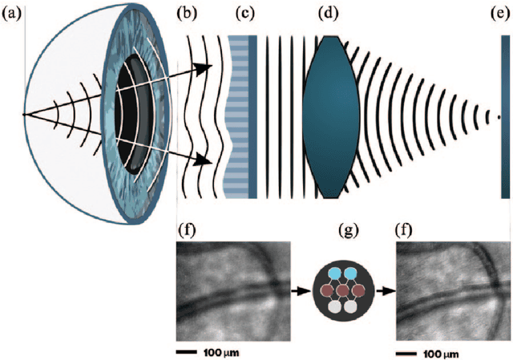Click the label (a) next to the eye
[x=12, y=14]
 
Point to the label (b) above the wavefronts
[x=189, y=14]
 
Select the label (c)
[x=244, y=14]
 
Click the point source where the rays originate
[x=25, y=115]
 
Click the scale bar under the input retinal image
[x=186, y=351]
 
